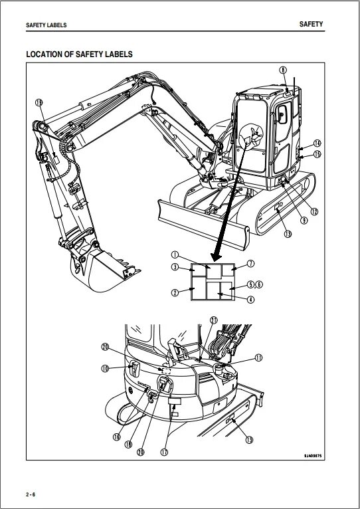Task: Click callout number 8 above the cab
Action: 282,70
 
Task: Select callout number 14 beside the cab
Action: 317,143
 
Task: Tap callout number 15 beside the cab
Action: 317,153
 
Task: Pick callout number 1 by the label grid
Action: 174,255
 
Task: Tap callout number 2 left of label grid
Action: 174,292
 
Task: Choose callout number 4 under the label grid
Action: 250,300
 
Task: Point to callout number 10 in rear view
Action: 105,368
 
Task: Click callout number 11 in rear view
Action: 258,357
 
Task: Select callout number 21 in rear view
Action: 213,320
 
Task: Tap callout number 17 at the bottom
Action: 163,452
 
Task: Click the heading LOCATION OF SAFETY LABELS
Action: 79,54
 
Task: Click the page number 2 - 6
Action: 31,495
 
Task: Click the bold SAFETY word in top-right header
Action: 311,24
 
